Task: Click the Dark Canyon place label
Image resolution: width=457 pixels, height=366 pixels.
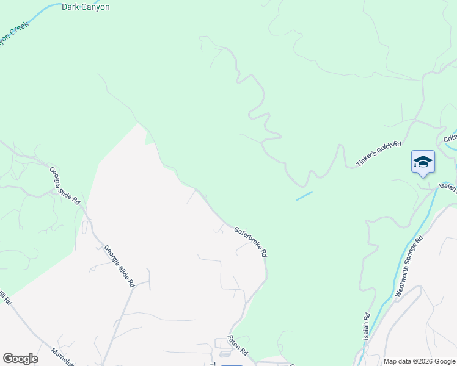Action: click(x=86, y=7)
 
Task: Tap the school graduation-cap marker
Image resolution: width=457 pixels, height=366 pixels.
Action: click(x=423, y=162)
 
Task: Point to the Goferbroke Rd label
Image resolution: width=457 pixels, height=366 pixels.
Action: click(x=250, y=242)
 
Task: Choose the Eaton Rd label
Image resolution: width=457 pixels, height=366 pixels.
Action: click(x=237, y=345)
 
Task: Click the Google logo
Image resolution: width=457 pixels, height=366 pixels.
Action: click(x=20, y=359)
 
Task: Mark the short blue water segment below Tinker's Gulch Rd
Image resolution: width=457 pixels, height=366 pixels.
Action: click(x=304, y=196)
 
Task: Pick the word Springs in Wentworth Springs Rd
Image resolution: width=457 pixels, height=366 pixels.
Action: click(x=412, y=254)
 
